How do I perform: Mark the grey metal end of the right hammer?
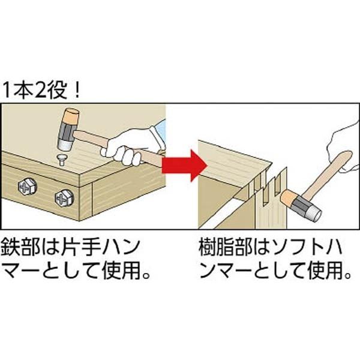313,210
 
